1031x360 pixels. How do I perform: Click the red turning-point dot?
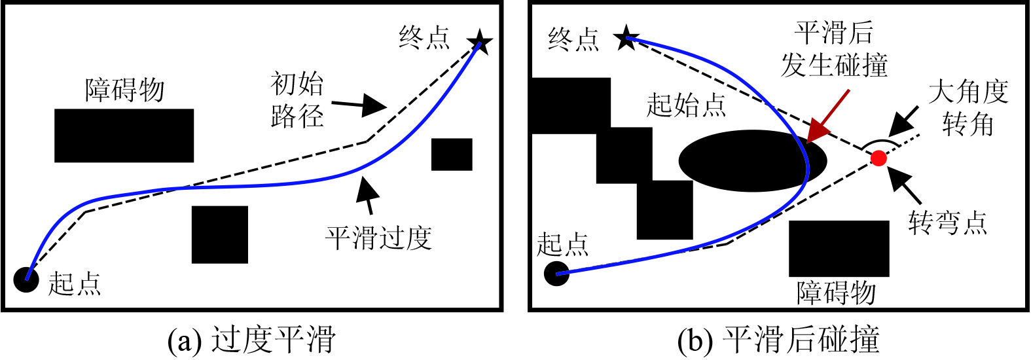pos(878,158)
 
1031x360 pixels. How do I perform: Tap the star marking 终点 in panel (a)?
pos(480,43)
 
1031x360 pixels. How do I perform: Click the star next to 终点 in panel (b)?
pos(626,39)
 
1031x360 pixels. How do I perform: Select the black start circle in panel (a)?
pos(26,279)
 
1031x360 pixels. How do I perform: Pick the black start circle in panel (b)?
pos(556,273)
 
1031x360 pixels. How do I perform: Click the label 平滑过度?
pos(378,237)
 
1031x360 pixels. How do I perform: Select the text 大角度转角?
pos(968,107)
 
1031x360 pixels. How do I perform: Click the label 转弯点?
pos(947,223)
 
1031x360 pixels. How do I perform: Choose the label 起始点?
pos(686,105)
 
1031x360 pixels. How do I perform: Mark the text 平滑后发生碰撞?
pos(834,49)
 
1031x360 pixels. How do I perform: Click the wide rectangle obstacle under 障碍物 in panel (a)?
pos(124,135)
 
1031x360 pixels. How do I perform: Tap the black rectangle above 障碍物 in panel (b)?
pos(839,249)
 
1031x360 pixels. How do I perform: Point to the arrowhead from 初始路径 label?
pos(374,105)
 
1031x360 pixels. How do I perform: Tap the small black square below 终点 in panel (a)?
pos(452,154)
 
